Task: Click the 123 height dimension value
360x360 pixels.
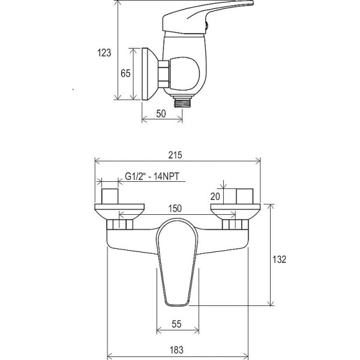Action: click(x=104, y=53)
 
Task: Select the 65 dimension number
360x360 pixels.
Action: click(x=125, y=73)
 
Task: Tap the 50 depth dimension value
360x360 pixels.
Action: click(x=161, y=113)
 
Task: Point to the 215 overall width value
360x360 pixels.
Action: click(x=175, y=155)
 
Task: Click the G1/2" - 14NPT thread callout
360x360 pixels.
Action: click(x=152, y=176)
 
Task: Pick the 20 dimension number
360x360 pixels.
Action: click(x=215, y=197)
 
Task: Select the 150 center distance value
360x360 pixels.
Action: click(x=175, y=208)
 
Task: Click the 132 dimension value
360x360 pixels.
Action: click(x=279, y=259)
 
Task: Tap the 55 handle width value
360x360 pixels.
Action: click(x=176, y=324)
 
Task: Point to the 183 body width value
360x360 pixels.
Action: click(x=176, y=350)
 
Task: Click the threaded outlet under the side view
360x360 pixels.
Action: click(x=182, y=102)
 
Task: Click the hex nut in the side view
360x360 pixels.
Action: click(x=164, y=74)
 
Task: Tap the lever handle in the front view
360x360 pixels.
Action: click(x=177, y=262)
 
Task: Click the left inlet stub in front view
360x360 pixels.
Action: click(x=110, y=196)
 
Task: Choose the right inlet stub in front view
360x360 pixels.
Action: click(x=245, y=196)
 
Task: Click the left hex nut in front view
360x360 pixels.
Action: click(x=120, y=224)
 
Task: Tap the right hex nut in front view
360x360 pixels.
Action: click(x=235, y=224)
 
